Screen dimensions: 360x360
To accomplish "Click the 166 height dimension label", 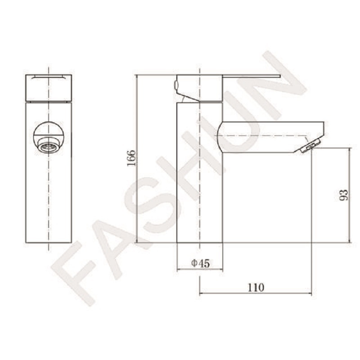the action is tap(131, 158).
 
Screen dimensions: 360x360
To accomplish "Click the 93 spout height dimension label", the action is tap(344, 195).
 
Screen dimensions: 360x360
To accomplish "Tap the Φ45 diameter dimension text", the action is tap(200, 263).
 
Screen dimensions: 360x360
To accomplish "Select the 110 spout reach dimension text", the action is tap(256, 287).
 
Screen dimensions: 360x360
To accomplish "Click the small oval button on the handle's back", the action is tap(176, 85).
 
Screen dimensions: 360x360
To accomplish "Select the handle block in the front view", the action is tap(49, 88).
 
